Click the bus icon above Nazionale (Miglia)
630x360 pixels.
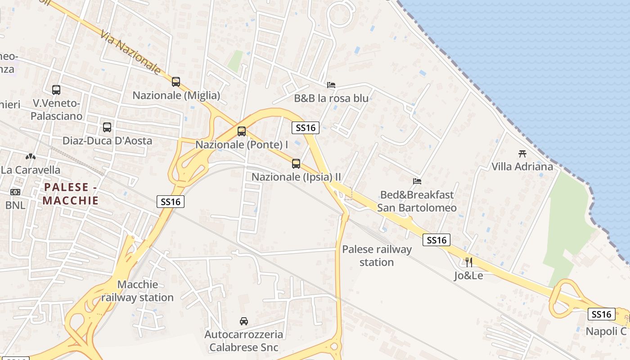click(176, 82)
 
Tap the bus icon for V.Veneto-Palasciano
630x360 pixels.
click(56, 90)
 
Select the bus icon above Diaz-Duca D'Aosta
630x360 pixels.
click(107, 127)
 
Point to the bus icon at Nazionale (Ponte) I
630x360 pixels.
click(242, 131)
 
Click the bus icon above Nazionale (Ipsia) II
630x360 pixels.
click(296, 164)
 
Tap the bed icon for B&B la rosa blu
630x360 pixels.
click(331, 85)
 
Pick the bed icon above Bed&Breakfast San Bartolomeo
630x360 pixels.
click(417, 181)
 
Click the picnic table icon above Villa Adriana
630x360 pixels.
click(522, 153)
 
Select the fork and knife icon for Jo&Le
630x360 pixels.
click(469, 262)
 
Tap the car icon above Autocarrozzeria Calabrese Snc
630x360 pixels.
click(244, 321)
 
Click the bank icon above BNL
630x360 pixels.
click(15, 192)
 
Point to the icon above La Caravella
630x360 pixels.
click(31, 157)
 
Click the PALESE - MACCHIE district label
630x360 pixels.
click(71, 193)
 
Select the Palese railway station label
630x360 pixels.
click(377, 256)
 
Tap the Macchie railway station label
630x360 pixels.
click(137, 291)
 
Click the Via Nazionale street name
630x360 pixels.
click(130, 52)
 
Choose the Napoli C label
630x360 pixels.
click(606, 331)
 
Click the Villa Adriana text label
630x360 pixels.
click(522, 166)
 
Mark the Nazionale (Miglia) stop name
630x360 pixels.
click(176, 95)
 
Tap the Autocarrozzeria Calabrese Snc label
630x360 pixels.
click(243, 341)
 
